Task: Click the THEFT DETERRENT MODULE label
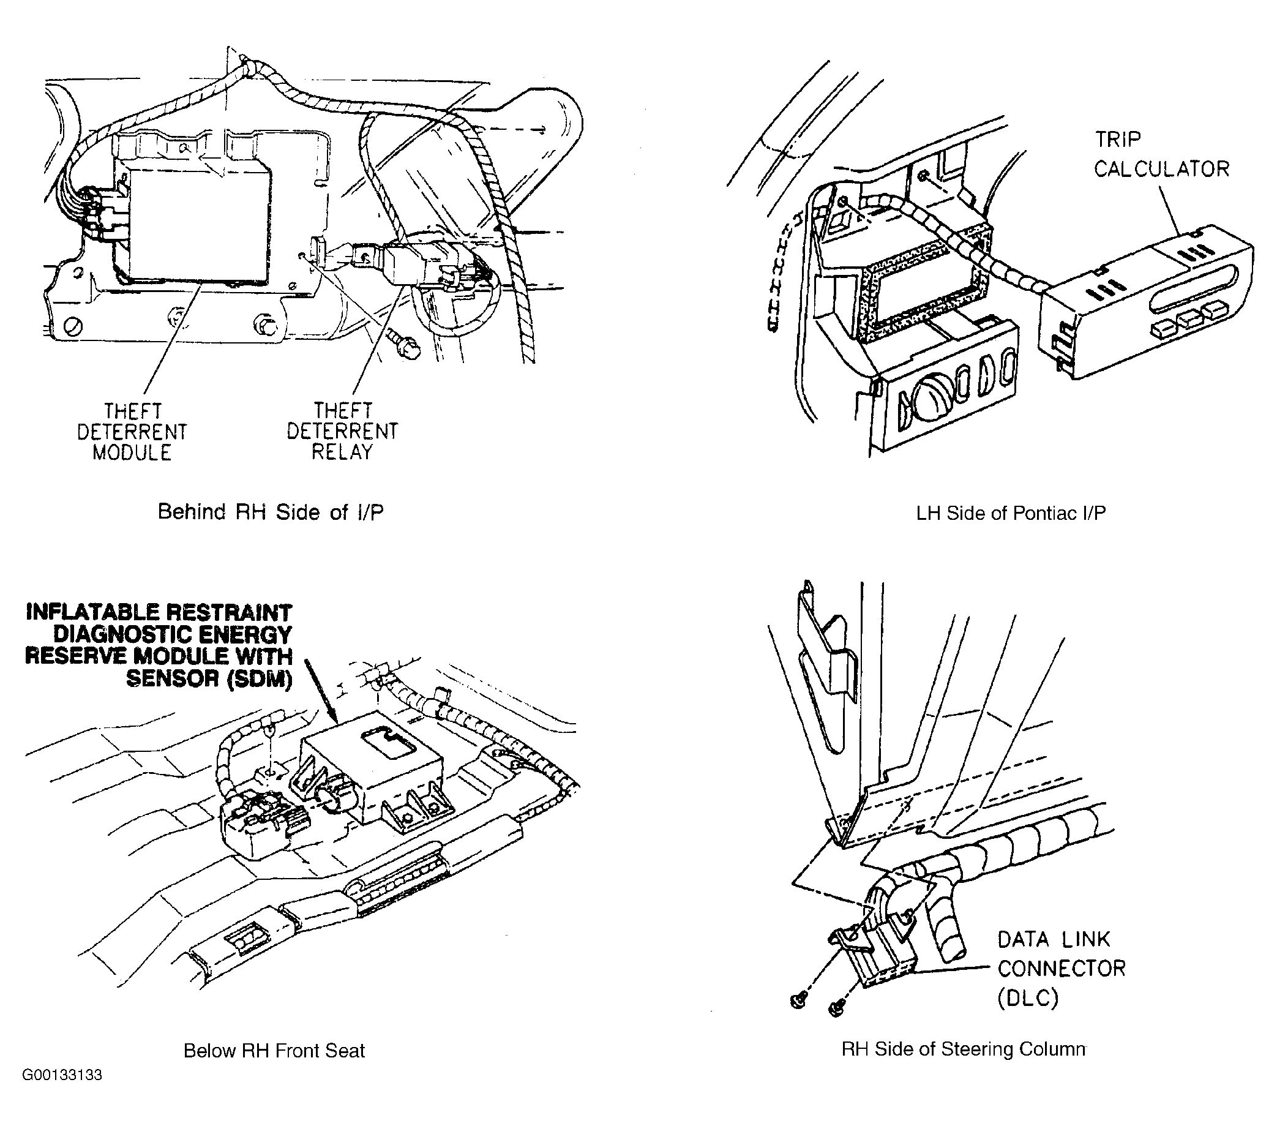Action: click(132, 432)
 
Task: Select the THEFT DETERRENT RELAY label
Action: click(342, 431)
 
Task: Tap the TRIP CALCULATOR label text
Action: click(1161, 154)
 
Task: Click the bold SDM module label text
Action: click(159, 645)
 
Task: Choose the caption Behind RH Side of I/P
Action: click(270, 512)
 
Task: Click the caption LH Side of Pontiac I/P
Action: click(1011, 513)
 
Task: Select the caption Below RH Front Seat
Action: click(274, 1051)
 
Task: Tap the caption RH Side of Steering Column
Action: click(964, 1049)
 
